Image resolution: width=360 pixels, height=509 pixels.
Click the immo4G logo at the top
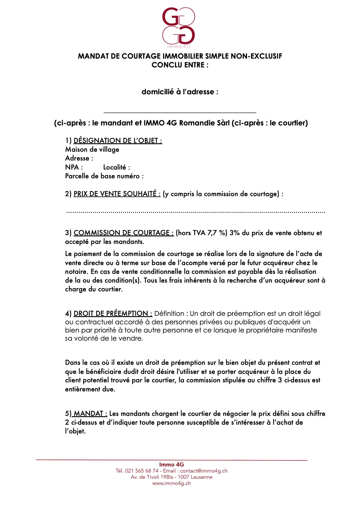pos(178,27)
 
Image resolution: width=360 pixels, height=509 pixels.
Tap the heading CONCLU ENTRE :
pos(180,65)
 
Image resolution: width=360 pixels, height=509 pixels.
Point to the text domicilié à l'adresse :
pos(180,92)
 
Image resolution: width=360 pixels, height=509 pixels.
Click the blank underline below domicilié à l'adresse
pos(180,112)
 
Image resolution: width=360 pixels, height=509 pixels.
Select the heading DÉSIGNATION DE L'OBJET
pos(118,141)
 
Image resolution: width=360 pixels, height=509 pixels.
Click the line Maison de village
pos(92,149)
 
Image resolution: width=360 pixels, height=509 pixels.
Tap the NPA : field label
pos(74,167)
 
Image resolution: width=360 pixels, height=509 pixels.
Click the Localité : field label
pos(116,167)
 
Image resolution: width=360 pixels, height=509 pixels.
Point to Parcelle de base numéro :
pos(104,176)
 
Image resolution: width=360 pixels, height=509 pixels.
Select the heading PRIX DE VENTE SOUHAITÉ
pos(117,194)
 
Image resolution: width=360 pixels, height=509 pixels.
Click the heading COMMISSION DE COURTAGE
pos(123,233)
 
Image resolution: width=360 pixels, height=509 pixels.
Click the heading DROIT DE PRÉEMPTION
pos(113,313)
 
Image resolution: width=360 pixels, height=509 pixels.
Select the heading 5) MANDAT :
pos(86,413)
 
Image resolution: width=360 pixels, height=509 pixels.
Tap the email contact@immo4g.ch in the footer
pos(204,471)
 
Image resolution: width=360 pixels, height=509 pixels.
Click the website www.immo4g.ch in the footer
pos(171,483)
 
